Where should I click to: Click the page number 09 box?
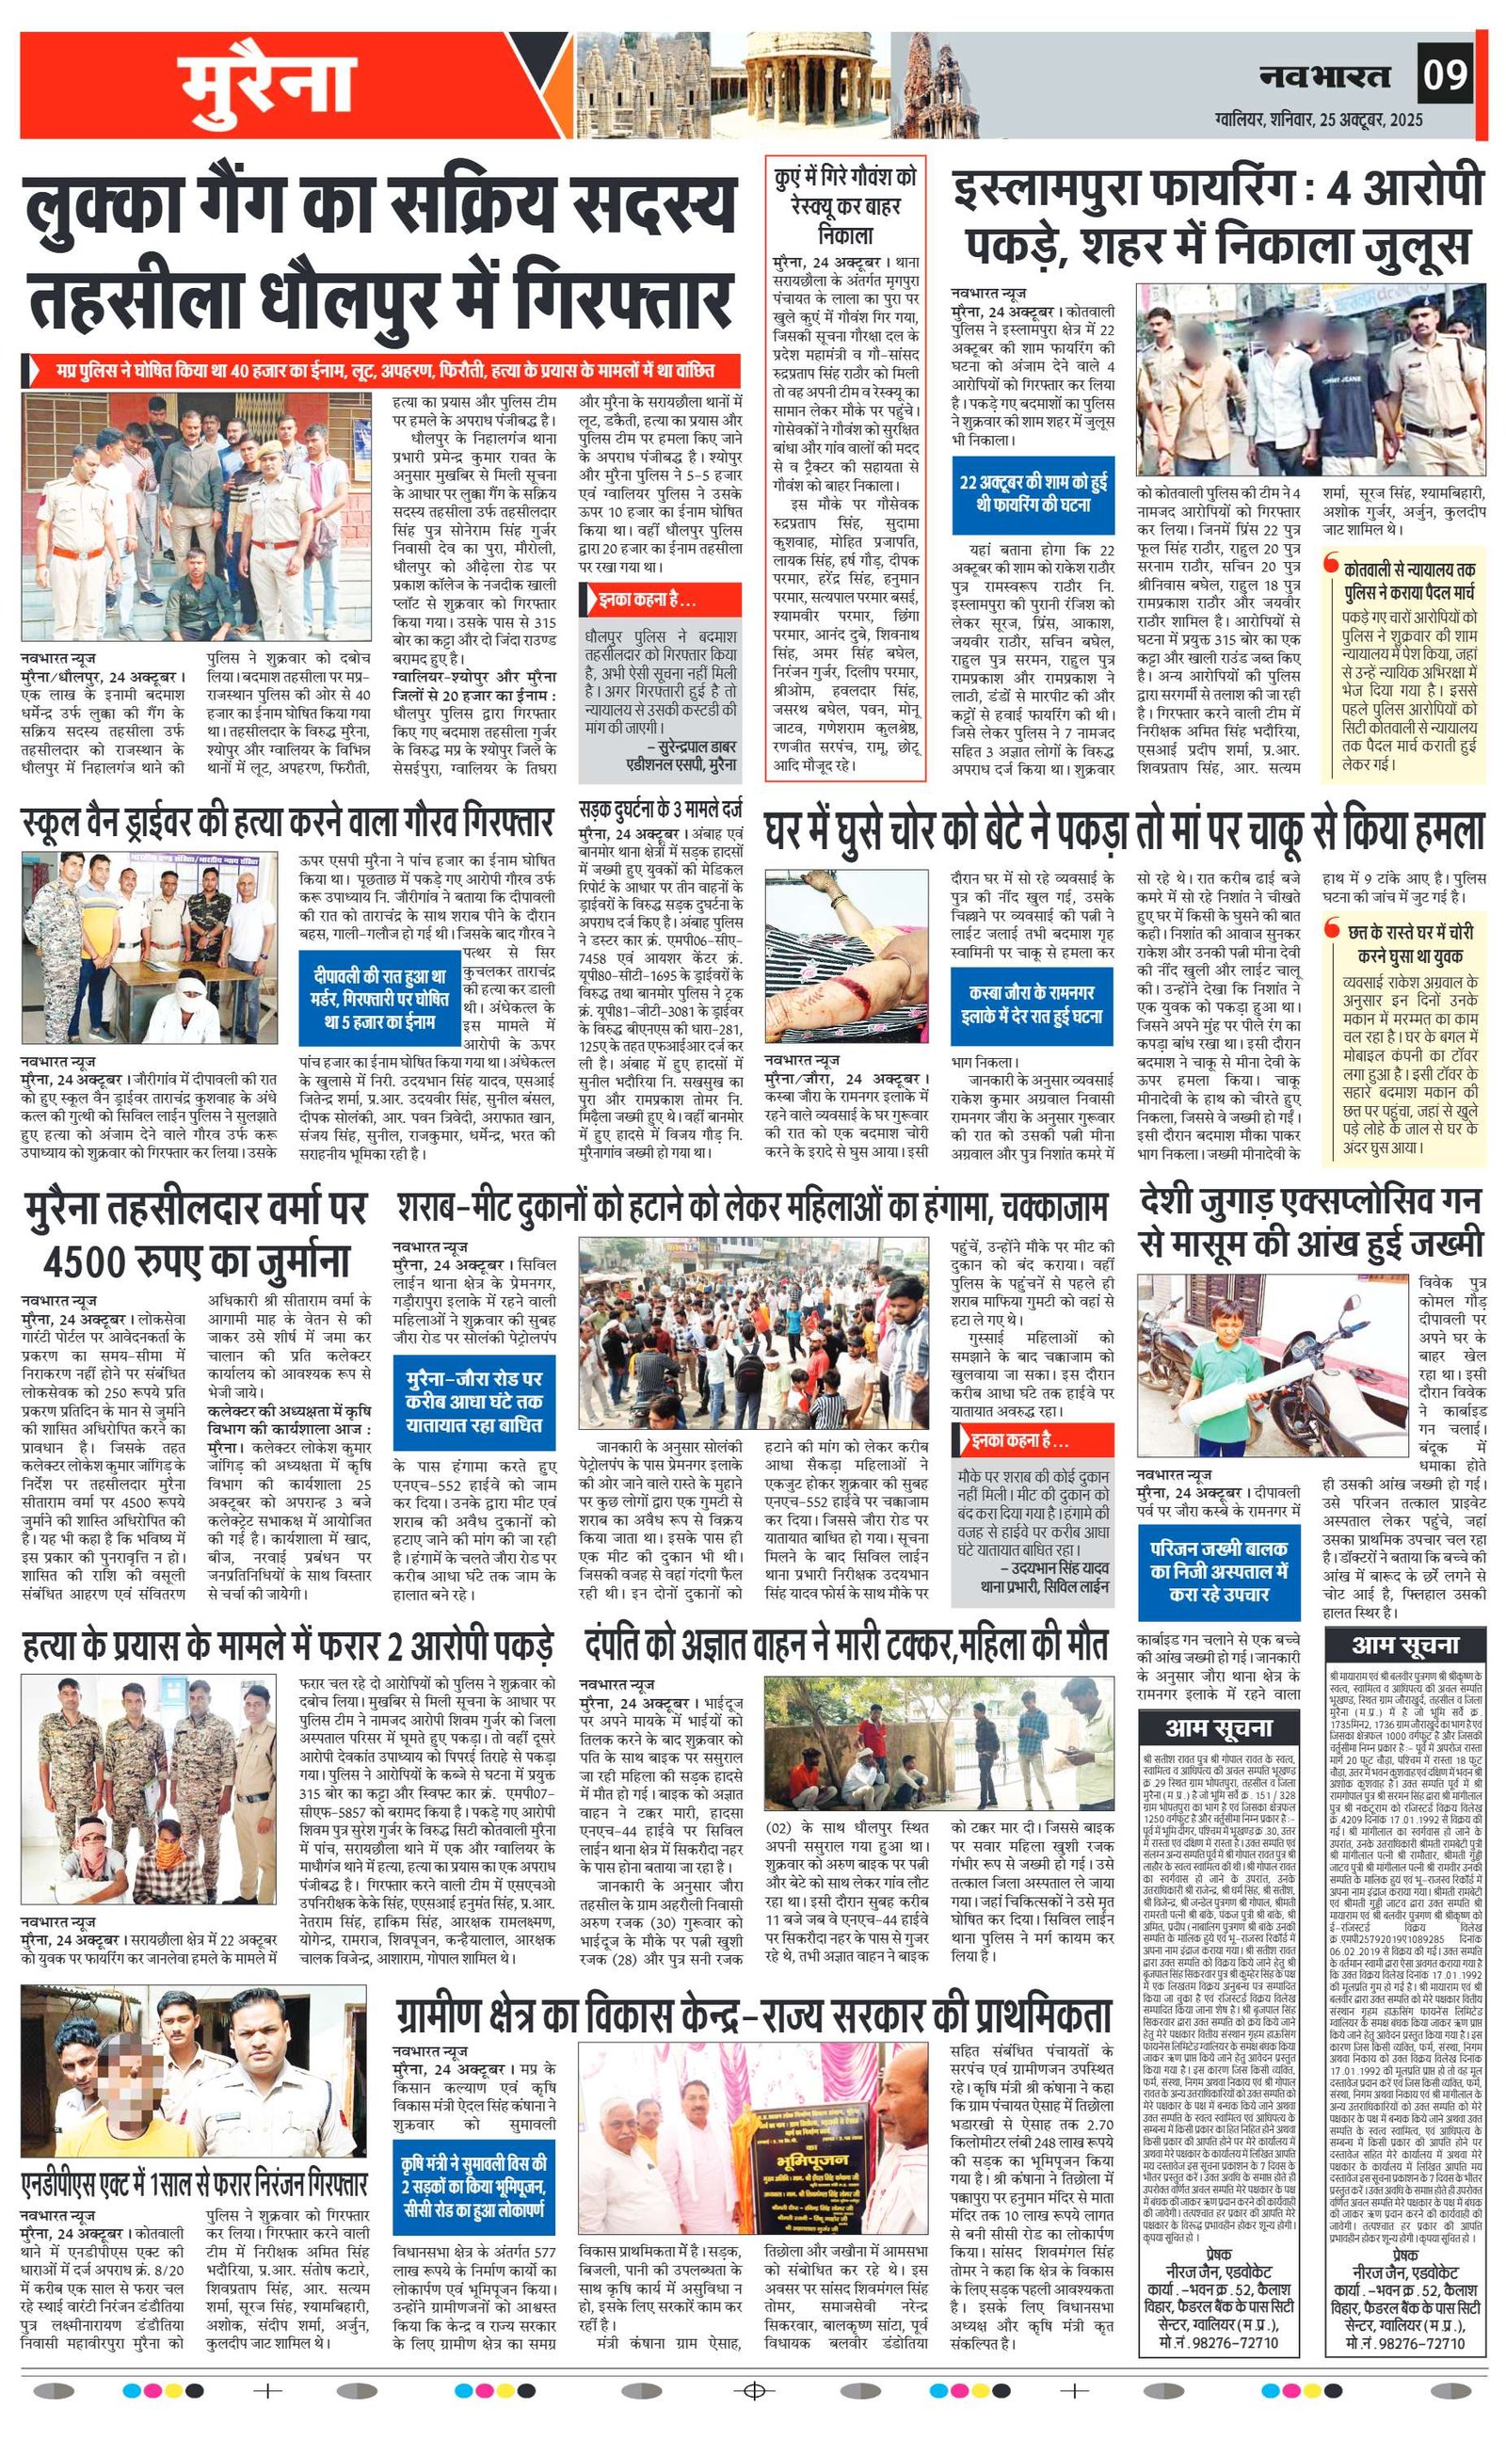point(1444,75)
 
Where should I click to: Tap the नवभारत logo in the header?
point(1323,75)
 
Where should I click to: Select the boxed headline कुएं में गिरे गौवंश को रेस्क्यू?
point(845,205)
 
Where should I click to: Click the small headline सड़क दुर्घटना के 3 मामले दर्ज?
point(661,808)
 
